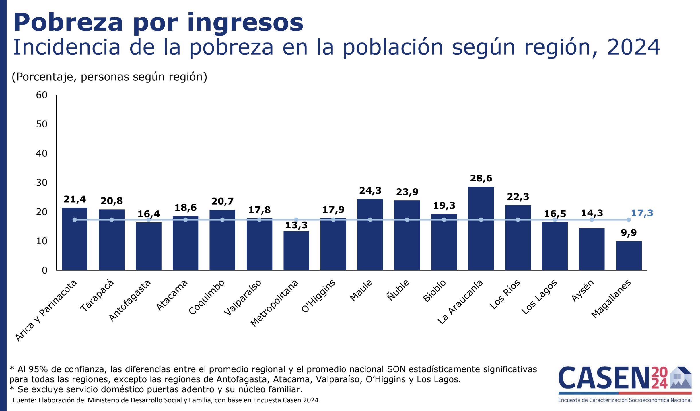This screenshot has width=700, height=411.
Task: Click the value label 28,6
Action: (481, 178)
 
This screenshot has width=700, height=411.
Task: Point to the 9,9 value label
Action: (629, 232)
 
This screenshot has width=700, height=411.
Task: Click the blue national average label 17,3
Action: (642, 213)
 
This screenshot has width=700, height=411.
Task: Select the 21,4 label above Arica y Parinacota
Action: (75, 199)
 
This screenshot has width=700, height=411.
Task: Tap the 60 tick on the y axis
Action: (42, 95)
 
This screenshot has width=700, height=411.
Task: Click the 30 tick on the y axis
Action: (42, 183)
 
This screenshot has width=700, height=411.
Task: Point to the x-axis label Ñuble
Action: (398, 290)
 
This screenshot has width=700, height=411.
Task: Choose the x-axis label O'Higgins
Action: (318, 296)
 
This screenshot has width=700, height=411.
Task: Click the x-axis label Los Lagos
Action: (539, 297)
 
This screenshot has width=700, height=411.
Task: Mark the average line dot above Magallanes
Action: (629, 220)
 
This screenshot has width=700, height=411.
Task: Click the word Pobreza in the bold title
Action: (68, 22)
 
